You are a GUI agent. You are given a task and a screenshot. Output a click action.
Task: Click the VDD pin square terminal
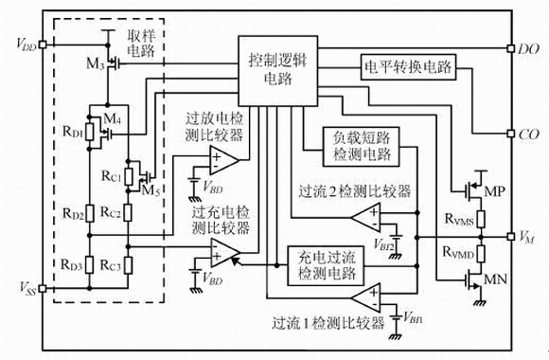point(43,45)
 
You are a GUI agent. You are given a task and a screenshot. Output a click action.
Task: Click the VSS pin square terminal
point(43,289)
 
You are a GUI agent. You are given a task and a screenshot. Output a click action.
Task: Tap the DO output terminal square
point(511,48)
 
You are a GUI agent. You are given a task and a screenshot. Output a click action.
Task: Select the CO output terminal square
point(511,134)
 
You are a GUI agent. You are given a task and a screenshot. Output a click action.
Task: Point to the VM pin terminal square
point(511,237)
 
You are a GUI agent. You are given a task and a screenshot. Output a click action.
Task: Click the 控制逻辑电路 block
point(278,71)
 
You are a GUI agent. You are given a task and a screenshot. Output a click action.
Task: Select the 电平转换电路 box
point(408,67)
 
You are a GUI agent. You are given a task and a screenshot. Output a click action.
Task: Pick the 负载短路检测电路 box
point(361,147)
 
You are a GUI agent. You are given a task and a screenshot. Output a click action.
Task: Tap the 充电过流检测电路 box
point(326,265)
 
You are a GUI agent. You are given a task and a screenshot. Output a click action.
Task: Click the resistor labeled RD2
point(90,213)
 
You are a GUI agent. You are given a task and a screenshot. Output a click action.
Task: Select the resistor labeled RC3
point(128,265)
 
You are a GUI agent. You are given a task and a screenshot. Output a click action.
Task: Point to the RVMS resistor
point(481,219)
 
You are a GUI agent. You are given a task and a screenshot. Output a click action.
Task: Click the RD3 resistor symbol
point(90,265)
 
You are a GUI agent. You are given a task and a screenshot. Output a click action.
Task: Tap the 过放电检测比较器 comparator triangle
point(224,160)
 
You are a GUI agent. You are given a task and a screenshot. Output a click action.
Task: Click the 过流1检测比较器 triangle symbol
point(366,298)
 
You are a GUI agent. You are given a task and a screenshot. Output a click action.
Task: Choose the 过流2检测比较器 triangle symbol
point(366,218)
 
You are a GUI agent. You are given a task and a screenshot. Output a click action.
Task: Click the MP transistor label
point(494,191)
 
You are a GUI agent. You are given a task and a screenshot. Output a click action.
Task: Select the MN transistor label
point(495,279)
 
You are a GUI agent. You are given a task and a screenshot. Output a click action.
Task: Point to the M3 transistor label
point(96,63)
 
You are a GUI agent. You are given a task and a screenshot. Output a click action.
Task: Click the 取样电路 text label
point(141,44)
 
